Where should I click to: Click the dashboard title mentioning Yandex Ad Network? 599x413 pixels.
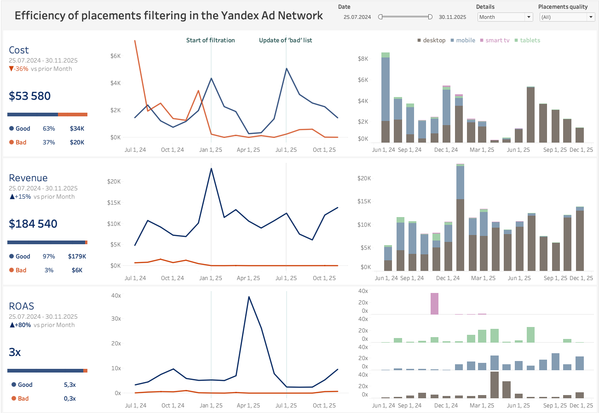(168, 16)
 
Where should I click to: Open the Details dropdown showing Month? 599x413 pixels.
(505, 17)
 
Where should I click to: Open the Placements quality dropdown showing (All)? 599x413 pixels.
(567, 17)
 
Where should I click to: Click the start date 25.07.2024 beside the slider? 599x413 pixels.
(358, 17)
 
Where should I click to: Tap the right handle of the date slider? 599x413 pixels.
(430, 17)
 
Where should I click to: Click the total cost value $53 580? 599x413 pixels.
(30, 96)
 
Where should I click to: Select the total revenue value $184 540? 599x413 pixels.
(33, 224)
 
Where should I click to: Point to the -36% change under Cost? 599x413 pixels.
(19, 69)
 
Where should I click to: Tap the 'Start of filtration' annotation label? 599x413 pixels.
(210, 40)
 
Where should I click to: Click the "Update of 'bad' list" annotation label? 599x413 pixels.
(285, 40)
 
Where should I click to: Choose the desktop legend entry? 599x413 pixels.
(431, 40)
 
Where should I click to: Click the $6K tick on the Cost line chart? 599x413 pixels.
(115, 56)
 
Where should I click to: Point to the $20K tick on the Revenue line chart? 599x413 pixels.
(114, 182)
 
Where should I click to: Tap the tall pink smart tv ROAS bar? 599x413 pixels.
(434, 304)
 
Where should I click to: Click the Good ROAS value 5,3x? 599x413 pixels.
(70, 385)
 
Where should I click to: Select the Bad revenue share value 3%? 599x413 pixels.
(48, 270)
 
